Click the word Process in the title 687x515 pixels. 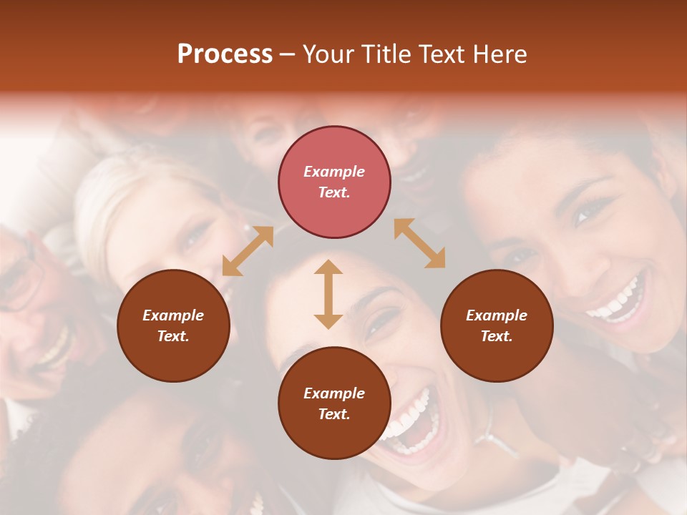(225, 54)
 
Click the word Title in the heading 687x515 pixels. (382, 54)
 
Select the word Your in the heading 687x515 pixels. (328, 54)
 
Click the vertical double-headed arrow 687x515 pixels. (328, 294)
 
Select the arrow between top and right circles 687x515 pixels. (419, 243)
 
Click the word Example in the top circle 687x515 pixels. (334, 172)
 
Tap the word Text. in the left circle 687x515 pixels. (173, 336)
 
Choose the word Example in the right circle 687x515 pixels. (497, 315)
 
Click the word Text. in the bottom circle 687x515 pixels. (334, 414)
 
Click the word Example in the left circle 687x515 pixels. (173, 315)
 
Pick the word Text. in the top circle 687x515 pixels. (334, 192)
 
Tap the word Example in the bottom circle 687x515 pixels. (334, 393)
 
